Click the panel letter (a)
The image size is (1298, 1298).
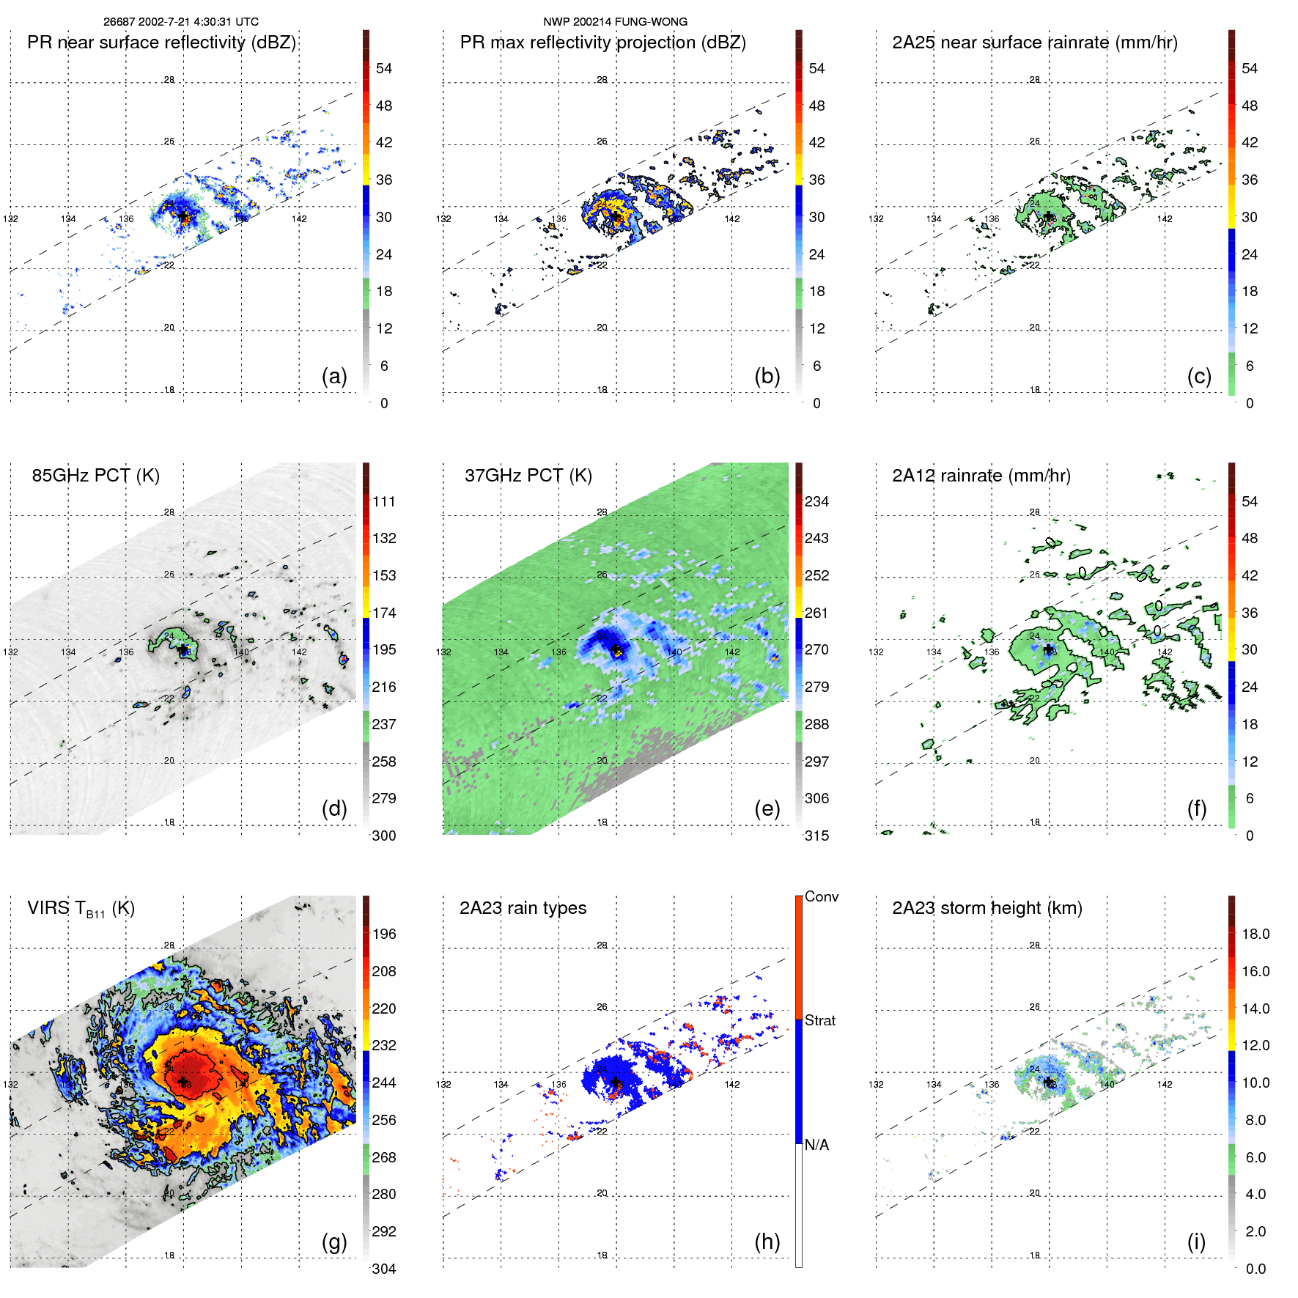point(334,376)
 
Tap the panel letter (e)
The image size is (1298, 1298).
point(767,808)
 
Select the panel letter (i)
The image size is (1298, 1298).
point(1196,1242)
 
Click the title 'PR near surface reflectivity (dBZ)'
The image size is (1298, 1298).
point(161,43)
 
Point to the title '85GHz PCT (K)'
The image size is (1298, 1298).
point(95,475)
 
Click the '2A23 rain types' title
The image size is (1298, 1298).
point(523,908)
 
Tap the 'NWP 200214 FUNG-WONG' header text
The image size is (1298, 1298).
point(615,22)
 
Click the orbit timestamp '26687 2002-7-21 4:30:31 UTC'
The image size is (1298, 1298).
point(180,22)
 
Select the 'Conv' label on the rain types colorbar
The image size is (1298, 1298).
point(821,896)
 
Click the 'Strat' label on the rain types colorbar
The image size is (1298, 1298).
point(819,1020)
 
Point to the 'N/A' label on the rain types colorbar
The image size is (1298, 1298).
point(816,1145)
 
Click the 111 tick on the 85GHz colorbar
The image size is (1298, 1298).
point(384,501)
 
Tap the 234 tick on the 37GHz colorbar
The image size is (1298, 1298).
point(816,501)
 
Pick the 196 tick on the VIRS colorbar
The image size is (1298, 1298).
point(384,934)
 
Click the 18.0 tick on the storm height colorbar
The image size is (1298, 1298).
point(1255,934)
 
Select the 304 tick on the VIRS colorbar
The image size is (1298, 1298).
point(384,1269)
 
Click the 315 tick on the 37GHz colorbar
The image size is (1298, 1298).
point(816,836)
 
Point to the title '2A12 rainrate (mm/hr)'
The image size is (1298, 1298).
point(981,475)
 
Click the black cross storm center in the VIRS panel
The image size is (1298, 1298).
point(182,1082)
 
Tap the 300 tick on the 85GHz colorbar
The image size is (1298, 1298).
point(384,836)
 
